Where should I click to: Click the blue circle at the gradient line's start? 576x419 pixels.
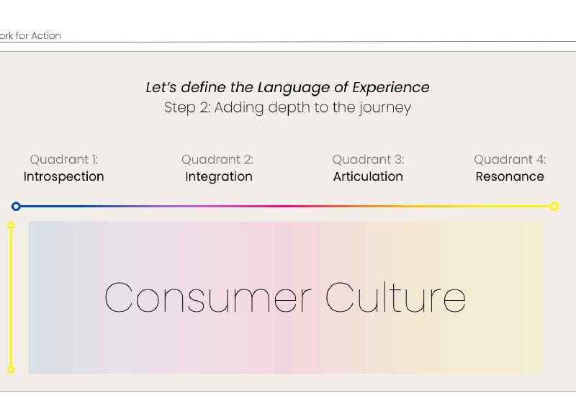16,207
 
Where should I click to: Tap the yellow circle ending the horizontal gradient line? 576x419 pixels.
554,207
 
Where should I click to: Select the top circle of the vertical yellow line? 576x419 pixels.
11,225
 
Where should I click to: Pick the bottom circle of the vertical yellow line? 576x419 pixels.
11,369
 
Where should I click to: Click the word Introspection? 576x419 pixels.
64,176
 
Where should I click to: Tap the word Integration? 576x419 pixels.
219,176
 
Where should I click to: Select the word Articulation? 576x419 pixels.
368,176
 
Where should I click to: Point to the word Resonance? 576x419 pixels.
510,176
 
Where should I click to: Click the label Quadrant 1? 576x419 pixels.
64,160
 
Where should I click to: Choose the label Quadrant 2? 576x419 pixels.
217,160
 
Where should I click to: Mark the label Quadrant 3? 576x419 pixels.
368,160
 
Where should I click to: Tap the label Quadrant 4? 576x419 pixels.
510,160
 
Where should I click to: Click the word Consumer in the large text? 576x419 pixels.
208,297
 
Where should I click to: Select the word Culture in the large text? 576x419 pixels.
395,297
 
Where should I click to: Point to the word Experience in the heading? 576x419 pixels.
391,88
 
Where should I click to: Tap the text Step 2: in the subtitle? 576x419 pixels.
187,108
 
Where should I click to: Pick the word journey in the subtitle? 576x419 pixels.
385,108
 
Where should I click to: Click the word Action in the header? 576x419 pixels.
46,35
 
